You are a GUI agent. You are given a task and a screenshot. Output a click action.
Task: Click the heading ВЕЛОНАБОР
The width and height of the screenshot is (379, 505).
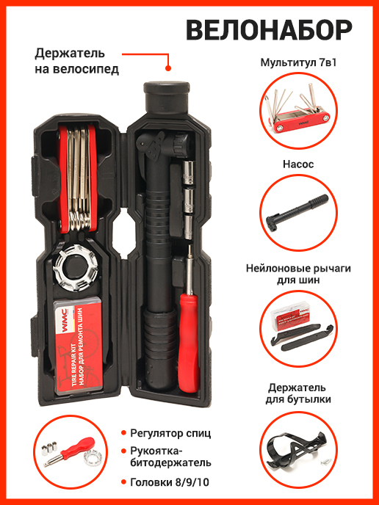pos(269,30)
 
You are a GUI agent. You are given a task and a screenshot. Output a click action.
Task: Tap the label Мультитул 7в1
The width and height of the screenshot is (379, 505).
pos(298,62)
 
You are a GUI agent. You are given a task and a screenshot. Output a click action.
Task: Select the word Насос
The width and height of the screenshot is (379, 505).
pos(298,164)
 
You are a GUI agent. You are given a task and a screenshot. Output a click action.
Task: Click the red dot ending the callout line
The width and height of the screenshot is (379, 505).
pos(168,68)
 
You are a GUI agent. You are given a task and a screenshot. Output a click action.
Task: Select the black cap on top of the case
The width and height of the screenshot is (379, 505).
pos(166,96)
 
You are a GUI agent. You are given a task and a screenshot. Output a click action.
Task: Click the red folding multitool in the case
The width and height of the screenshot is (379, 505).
pos(77,178)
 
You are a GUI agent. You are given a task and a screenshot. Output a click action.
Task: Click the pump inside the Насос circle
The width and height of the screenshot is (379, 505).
pos(297,212)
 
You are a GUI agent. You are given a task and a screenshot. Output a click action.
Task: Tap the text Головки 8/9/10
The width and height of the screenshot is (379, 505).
pos(170,482)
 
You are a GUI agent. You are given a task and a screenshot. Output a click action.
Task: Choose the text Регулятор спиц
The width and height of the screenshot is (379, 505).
pos(170,433)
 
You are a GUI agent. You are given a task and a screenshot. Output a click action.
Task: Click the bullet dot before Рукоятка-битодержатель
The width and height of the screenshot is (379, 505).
pos(123,451)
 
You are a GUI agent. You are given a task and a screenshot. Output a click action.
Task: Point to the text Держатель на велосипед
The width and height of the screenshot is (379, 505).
pos(76,61)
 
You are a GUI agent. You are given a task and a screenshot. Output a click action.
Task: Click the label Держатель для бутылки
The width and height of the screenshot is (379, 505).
pos(298,393)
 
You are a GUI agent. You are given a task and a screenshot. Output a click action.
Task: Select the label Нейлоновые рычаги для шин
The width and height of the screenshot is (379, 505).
pos(298,274)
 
